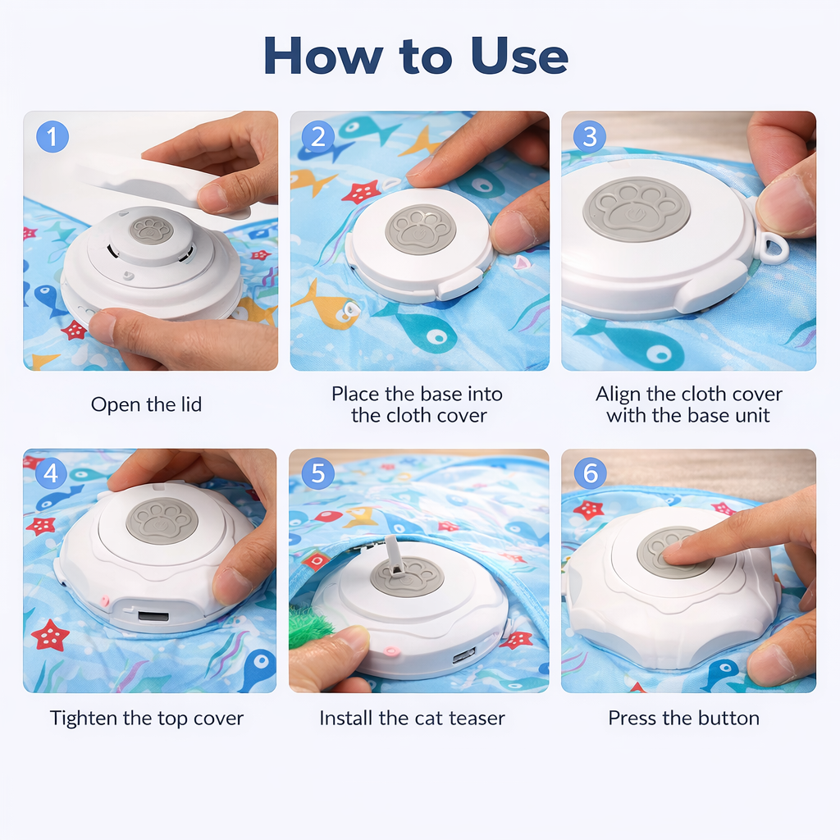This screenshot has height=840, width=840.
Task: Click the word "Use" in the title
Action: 519,57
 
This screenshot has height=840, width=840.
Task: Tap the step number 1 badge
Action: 52,136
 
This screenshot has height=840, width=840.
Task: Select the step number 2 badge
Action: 318,136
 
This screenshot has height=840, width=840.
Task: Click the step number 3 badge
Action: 588,136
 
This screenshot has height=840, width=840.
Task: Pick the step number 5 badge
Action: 318,473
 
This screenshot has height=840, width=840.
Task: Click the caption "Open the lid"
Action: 146,404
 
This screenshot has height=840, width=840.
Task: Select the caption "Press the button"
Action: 683,719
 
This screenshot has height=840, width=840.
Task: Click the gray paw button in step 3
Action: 637,209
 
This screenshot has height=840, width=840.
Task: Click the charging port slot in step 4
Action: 153,615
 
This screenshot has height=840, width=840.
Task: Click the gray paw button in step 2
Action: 421,229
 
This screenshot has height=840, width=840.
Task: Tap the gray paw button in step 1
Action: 152,230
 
